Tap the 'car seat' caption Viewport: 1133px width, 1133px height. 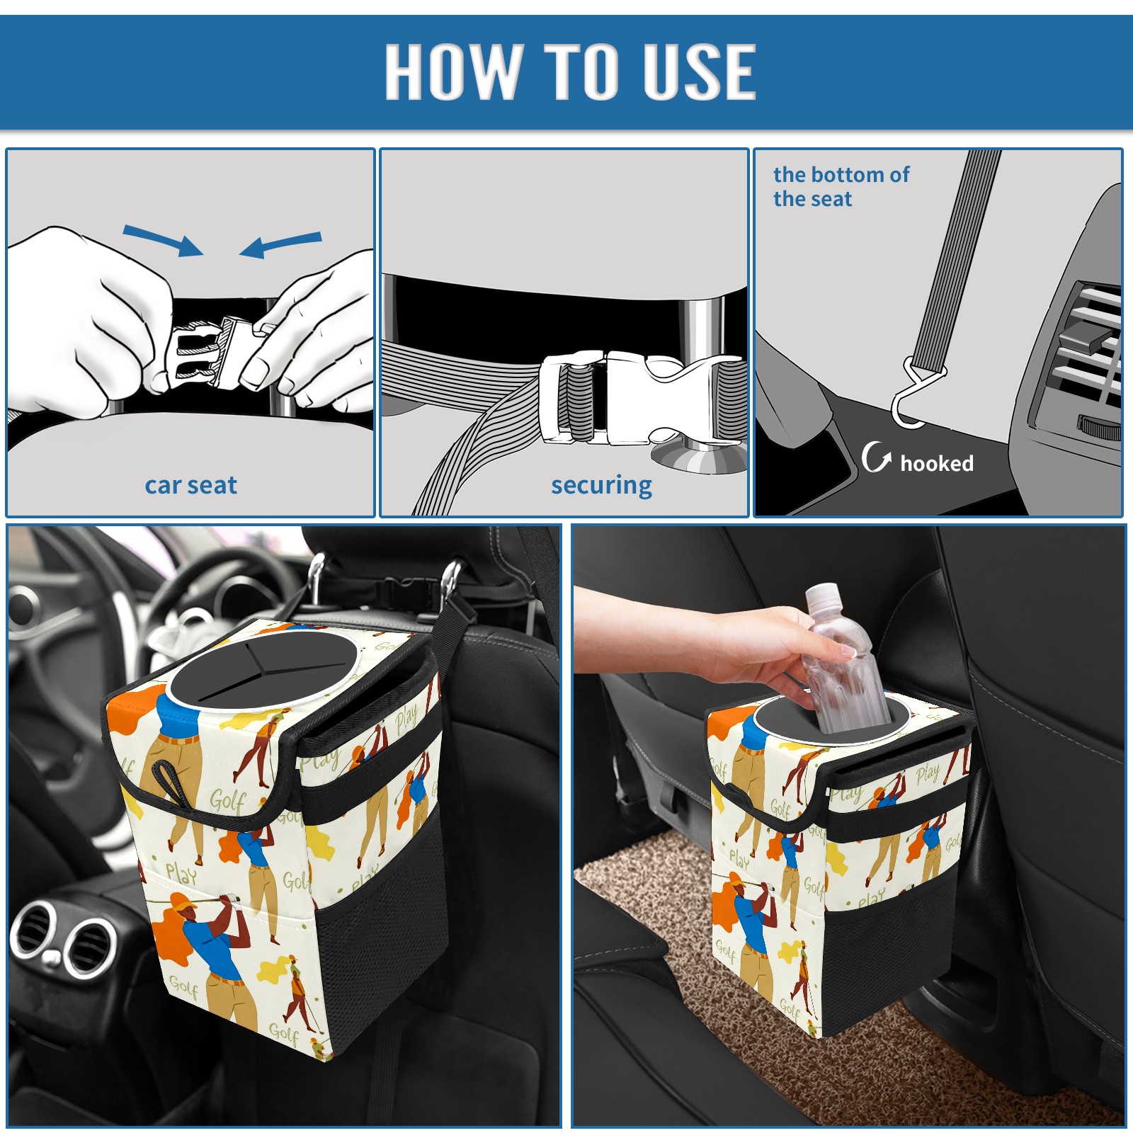point(190,485)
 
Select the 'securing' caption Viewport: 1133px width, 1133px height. point(601,486)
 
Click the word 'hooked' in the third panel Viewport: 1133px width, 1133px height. point(937,463)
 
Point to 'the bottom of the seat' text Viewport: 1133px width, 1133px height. point(841,186)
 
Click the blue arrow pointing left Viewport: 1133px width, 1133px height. point(280,244)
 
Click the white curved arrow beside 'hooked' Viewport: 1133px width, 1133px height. point(875,457)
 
